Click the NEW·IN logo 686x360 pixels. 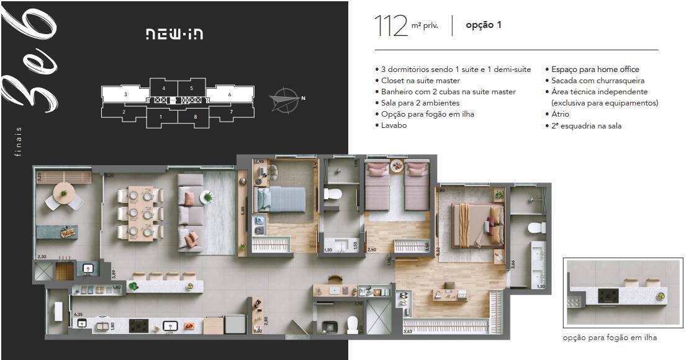click(x=174, y=34)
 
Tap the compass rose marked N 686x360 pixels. click(x=284, y=97)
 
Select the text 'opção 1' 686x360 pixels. click(x=484, y=25)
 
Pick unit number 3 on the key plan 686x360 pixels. click(x=125, y=94)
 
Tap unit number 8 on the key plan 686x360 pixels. click(x=195, y=117)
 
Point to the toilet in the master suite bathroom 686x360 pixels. click(x=535, y=228)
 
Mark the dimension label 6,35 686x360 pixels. click(x=79, y=315)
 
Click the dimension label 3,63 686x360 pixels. click(x=408, y=332)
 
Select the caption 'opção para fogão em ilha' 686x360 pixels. click(x=610, y=338)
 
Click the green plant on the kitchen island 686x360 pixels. click(x=133, y=286)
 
